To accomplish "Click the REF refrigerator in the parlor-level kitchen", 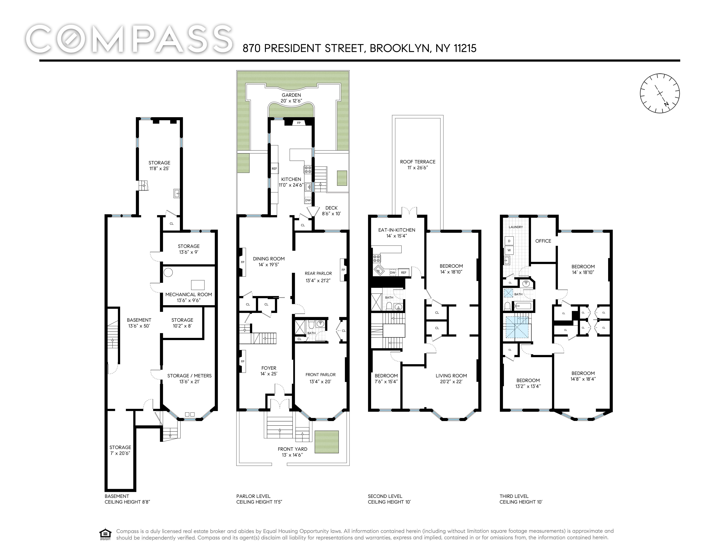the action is click(x=274, y=168).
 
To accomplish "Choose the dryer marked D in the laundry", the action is click(x=509, y=241).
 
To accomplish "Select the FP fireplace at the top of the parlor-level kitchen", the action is click(x=299, y=123).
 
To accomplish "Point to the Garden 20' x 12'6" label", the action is click(x=291, y=98).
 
